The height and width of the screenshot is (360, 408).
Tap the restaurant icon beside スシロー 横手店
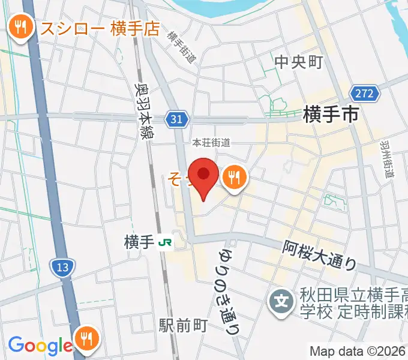[22, 26]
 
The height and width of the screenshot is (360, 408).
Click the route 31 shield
[175, 119]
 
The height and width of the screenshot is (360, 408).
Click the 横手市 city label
[331, 113]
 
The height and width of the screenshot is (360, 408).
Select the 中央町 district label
[298, 62]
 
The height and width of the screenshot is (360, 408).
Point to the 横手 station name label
[139, 242]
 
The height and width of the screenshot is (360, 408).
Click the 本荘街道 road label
[211, 143]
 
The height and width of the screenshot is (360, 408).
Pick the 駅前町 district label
[183, 325]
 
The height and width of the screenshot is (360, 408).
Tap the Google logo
[40, 345]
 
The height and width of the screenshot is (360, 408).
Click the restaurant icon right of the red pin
[232, 178]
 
